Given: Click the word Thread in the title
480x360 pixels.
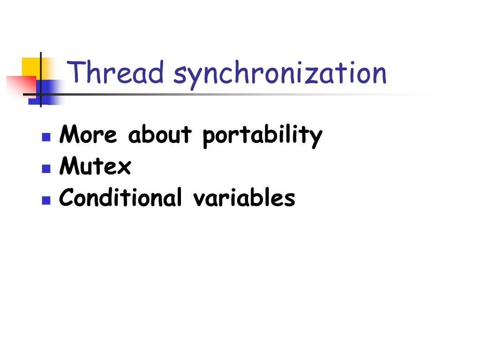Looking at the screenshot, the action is (x=115, y=72).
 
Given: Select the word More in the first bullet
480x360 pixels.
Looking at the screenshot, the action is (x=88, y=134).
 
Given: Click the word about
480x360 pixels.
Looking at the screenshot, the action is (x=160, y=134).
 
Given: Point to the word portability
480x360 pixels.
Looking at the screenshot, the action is (x=262, y=136).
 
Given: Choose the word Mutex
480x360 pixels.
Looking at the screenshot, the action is (x=95, y=165).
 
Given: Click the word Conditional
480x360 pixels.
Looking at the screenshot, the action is (x=120, y=197).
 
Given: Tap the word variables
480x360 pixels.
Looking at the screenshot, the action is (x=244, y=197).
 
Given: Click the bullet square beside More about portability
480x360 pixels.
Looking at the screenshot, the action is (x=46, y=137).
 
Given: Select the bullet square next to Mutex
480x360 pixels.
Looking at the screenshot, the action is (x=46, y=169).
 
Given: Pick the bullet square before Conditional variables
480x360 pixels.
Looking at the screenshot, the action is (x=46, y=200).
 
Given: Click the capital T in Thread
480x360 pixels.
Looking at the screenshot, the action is (x=76, y=72).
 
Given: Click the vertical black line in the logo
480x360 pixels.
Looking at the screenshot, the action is (x=41, y=80).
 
